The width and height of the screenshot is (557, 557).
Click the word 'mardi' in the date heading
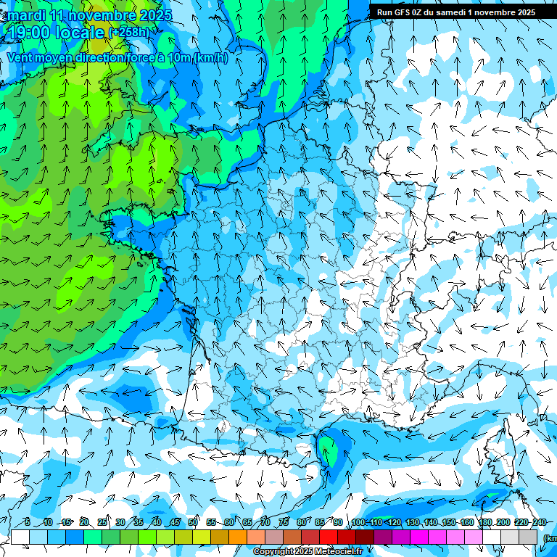click(x=26, y=15)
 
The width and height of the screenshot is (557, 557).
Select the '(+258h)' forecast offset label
click(x=129, y=33)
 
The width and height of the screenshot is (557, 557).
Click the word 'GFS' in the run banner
click(x=404, y=12)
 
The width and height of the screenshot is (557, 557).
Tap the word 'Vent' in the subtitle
click(x=20, y=58)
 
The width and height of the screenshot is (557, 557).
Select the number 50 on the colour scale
click(x=193, y=523)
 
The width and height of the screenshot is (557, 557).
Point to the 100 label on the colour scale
click(x=358, y=523)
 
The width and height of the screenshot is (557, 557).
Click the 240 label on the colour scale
click(x=540, y=523)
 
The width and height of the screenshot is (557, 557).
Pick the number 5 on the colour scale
click(x=27, y=523)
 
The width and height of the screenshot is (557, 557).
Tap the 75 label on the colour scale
click(x=284, y=523)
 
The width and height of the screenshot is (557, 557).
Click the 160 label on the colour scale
click(x=467, y=523)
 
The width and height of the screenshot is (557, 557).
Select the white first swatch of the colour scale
click(x=20, y=537)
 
